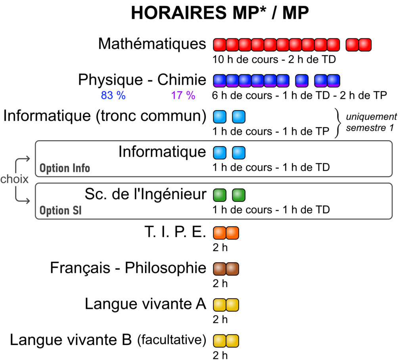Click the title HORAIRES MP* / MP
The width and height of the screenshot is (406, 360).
pos(220,12)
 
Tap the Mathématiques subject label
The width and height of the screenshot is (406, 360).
pos(152,44)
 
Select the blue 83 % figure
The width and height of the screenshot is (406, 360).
pos(113,95)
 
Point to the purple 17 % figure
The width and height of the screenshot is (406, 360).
pos(183,95)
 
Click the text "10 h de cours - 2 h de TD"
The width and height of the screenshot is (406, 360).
pos(274,59)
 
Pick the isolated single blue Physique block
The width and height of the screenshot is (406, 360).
pos(302,81)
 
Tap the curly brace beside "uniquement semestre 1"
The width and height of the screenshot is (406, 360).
pos(338,123)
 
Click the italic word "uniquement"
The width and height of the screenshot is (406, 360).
pos(371,117)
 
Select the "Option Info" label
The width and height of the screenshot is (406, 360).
pos(65,168)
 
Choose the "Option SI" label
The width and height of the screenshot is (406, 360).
pos(61,211)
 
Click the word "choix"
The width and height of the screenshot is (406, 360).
pos(14,179)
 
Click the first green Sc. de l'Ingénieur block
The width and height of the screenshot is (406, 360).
pos(220,195)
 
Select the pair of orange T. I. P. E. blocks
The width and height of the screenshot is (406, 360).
pos(226,233)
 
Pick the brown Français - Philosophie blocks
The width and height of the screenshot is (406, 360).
pos(226,269)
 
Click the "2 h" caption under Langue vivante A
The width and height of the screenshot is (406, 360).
pos(220,320)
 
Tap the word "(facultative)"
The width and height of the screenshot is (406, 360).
pos(172,339)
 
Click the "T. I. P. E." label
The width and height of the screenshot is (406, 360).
pos(175,232)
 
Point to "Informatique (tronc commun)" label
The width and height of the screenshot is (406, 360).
pos(105,116)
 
